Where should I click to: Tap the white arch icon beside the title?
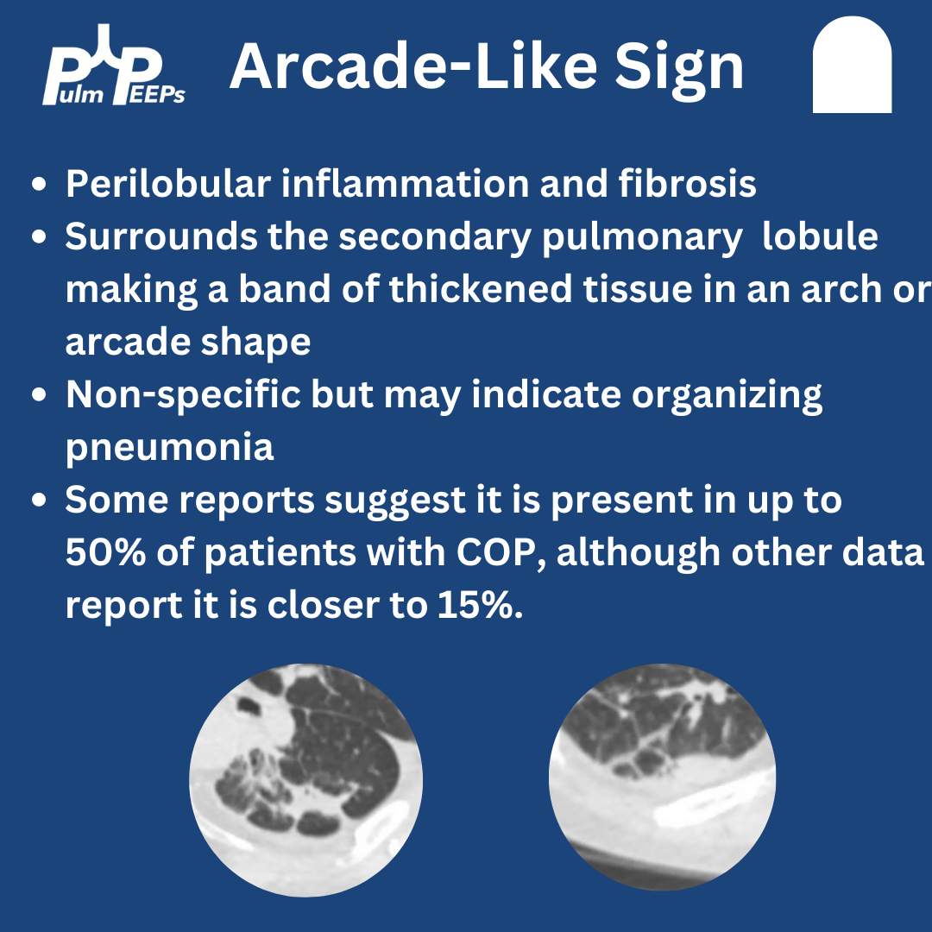pos(852,66)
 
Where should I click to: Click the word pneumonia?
pos(169,448)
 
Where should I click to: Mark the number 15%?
pos(482,606)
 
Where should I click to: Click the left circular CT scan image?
pos(306,779)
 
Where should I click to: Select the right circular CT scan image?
pos(662,778)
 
